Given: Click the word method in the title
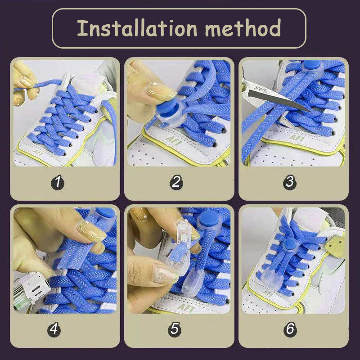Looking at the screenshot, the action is click(x=243, y=28).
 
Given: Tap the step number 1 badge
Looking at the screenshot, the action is click(x=58, y=182).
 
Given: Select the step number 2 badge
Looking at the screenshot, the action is click(x=176, y=182).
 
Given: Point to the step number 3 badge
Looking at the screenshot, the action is click(x=290, y=182).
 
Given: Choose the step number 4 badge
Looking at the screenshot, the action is click(x=54, y=329).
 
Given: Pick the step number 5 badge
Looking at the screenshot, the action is click(x=175, y=329).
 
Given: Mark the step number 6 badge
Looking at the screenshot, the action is click(x=290, y=329).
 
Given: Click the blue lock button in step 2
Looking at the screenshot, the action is click(x=166, y=108).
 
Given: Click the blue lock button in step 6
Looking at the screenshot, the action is click(x=290, y=244).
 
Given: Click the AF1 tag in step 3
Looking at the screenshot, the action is click(x=296, y=138).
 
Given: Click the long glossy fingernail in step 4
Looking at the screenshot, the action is click(x=91, y=230).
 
